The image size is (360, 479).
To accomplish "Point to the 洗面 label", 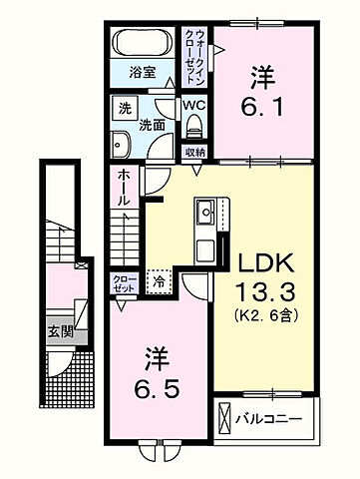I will pos(153,127).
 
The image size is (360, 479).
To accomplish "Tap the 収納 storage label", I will pos(194,152).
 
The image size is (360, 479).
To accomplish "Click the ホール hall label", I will pos(122,188).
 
